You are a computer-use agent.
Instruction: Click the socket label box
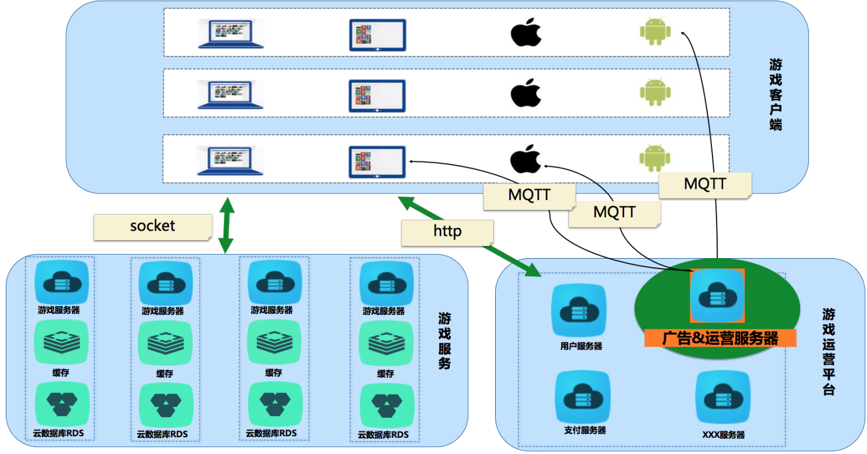(153, 227)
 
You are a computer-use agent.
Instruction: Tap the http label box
(447, 233)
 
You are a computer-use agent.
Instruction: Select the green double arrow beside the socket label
(227, 226)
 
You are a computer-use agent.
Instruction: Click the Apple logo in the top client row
(526, 32)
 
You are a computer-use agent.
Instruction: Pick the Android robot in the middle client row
(655, 92)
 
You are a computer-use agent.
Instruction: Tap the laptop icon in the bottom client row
(230, 160)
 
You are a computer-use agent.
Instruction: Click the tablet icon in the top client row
(377, 35)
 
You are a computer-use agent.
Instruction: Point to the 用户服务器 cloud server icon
(579, 310)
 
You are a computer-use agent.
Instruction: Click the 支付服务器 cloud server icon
(583, 396)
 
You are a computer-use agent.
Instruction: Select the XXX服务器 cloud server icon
(723, 397)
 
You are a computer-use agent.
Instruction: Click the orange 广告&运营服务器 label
(721, 338)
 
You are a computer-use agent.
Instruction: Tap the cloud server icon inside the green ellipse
(717, 296)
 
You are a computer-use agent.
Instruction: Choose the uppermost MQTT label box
(705, 185)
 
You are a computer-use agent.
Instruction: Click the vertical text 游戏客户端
(776, 95)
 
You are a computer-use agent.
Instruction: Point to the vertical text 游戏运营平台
(829, 352)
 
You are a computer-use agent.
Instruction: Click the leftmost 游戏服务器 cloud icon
(62, 282)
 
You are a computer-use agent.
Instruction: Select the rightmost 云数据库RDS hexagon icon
(386, 406)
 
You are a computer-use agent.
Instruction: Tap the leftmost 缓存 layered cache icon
(62, 342)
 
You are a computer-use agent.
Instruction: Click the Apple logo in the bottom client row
(526, 159)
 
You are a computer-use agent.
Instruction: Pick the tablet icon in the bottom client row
(377, 162)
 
